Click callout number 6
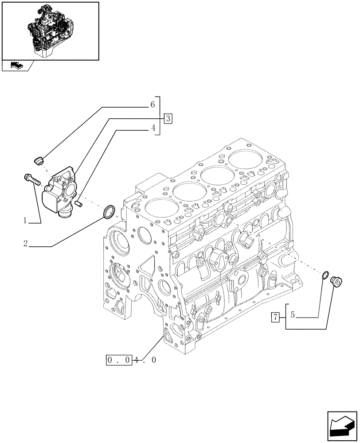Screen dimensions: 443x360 coord(152,105)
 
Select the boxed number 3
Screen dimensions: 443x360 coord(168,118)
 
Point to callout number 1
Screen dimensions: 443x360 coord(26,220)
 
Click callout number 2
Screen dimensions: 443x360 coord(26,243)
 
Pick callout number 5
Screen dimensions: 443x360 coord(293,316)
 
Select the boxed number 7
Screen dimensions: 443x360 coord(275,317)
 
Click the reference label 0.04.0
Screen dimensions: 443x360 coord(131,360)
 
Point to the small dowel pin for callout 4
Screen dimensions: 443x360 coord(78,203)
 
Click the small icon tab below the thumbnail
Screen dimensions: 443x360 coord(17,66)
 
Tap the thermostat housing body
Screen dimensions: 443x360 coord(59,190)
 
